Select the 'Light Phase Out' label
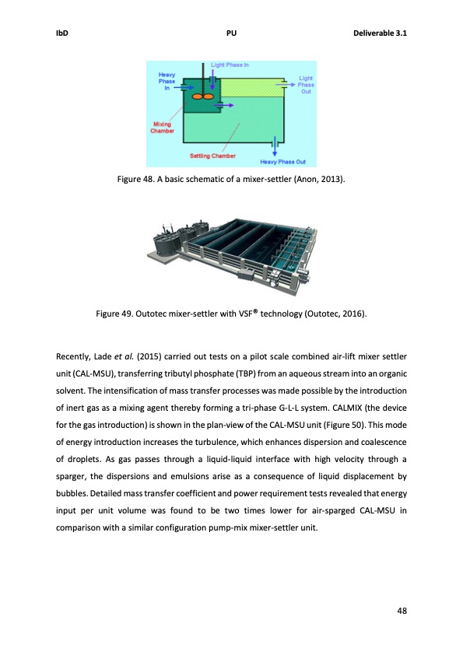(x=307, y=85)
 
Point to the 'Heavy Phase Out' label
(x=283, y=162)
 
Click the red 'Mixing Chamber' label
(x=162, y=128)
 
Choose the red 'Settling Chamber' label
(x=212, y=156)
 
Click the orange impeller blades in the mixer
(x=203, y=96)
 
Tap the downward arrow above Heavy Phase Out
(x=272, y=146)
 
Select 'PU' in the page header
(x=231, y=33)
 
